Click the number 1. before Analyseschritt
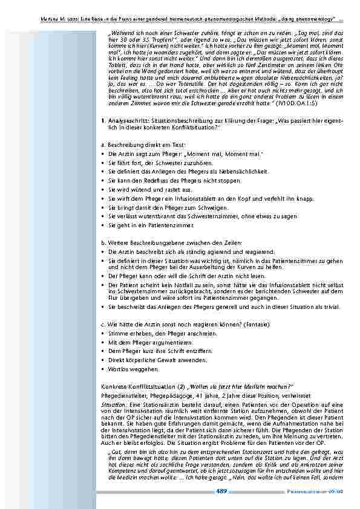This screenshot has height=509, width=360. (x=104, y=122)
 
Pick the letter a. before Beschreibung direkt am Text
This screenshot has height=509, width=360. (x=104, y=146)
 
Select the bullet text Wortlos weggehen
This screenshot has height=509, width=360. (x=125, y=369)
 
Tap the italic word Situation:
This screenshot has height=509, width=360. (x=114, y=403)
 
